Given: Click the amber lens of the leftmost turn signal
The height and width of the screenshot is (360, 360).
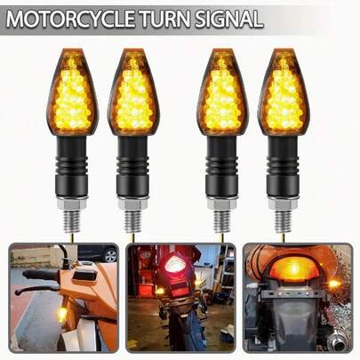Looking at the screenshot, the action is (x=72, y=92).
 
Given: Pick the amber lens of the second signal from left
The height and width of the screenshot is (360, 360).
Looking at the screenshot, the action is (x=133, y=92).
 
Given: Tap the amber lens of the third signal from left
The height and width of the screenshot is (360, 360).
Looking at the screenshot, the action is (x=223, y=92).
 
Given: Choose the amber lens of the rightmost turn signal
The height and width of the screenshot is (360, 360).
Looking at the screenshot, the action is (x=284, y=92).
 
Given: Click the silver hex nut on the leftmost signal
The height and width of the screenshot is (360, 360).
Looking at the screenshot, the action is (x=71, y=203).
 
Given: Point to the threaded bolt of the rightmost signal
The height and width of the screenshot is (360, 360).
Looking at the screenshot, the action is (x=283, y=220).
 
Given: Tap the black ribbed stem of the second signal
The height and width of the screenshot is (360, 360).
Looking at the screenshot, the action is (x=132, y=165).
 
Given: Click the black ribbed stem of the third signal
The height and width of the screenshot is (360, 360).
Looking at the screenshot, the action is (x=222, y=165).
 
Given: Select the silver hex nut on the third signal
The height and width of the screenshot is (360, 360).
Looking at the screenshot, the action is (x=222, y=204).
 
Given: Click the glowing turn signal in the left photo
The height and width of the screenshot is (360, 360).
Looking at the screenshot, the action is (x=62, y=314).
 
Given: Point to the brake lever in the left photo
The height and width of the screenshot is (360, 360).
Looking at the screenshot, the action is (x=35, y=290).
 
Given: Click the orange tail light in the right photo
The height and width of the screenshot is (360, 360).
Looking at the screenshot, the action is (x=293, y=268).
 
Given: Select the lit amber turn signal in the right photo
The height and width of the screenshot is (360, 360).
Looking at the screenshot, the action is (x=334, y=284).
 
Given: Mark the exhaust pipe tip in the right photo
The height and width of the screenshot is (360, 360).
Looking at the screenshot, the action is (x=337, y=345).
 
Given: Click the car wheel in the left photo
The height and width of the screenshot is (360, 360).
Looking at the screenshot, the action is (x=111, y=255).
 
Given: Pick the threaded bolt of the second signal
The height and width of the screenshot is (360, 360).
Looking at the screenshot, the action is (x=132, y=220).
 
